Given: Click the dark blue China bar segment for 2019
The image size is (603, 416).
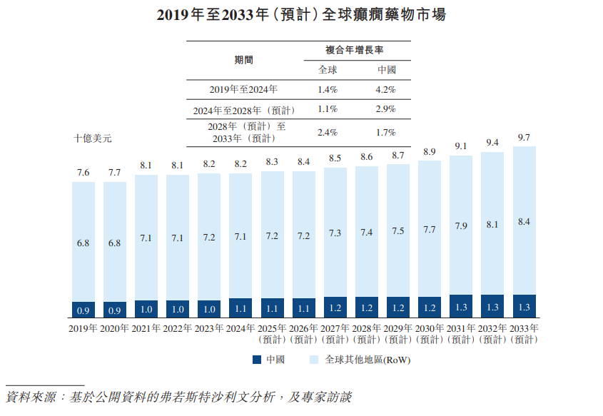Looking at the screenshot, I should click(83, 310).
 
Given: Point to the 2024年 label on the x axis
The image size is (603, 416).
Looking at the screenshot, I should click(240, 328).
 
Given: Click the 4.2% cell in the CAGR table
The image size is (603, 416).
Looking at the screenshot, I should click(385, 90).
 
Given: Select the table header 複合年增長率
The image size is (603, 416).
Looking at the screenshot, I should click(355, 51).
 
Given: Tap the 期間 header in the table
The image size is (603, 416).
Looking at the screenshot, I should click(244, 61).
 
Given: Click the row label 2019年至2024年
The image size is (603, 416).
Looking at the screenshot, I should click(243, 90).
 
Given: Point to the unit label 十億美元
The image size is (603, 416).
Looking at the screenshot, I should click(92, 138).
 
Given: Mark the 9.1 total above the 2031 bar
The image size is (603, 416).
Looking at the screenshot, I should click(460, 146).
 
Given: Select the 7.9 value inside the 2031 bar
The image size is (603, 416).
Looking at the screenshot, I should click(460, 227).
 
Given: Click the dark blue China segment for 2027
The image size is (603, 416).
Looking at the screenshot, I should click(335, 308).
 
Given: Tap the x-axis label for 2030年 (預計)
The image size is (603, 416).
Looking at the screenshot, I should click(430, 333).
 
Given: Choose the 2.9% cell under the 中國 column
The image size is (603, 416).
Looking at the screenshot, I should click(385, 109).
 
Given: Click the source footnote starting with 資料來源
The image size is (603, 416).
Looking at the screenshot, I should click(178, 397).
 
